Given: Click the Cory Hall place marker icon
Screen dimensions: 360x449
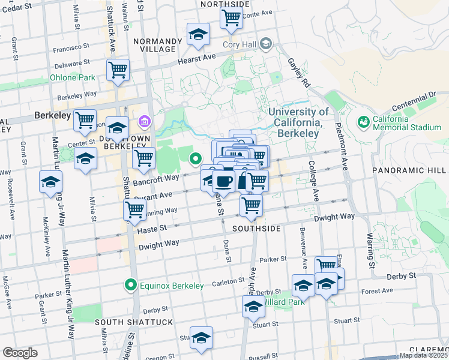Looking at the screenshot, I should tap(266, 44).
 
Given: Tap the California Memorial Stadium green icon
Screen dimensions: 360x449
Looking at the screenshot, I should tap(363, 122).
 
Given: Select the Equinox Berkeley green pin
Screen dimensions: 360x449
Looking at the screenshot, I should tap(130, 285).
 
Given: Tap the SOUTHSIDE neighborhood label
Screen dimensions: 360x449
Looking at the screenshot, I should tap(256, 229).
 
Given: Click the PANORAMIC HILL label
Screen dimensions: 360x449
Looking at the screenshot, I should tap(410, 170).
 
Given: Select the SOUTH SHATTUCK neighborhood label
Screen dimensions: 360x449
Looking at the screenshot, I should tap(134, 322).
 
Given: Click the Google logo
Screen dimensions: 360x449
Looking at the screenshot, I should tap(20, 352).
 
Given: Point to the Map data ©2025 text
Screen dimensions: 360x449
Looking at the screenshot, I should tap(423, 355).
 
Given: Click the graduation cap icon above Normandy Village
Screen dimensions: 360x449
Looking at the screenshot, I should tap(197, 35).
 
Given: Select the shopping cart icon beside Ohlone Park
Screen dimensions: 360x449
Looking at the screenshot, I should tap(118, 70).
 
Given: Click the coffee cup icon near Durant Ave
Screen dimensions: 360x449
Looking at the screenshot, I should tap(223, 181).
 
